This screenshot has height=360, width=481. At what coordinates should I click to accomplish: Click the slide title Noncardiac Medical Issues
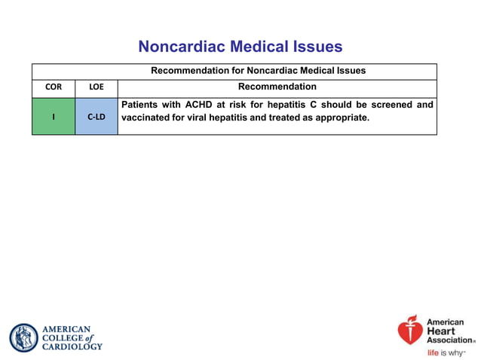point(240,47)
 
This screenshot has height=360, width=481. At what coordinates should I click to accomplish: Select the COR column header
point(53,87)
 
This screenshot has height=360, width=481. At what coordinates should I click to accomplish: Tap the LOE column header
point(97,87)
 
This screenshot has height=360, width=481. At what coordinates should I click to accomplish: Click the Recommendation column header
point(277,87)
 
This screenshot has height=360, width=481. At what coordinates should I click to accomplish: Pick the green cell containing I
point(53,117)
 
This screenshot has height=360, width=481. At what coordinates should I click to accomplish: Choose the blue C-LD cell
point(97,117)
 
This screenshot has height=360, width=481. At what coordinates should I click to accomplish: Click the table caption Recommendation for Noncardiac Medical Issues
point(258,71)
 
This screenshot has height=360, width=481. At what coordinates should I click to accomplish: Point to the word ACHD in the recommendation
point(200,105)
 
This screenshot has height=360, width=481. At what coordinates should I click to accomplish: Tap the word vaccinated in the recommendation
point(148,118)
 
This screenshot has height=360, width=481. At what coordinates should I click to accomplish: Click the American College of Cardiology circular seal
point(23,338)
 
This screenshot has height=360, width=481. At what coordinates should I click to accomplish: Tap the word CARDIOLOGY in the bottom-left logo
point(72,347)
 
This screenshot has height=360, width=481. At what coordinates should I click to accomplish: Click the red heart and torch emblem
point(411,330)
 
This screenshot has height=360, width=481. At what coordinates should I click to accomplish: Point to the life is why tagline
point(446,352)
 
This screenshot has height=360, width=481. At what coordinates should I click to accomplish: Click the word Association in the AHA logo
point(450,340)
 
